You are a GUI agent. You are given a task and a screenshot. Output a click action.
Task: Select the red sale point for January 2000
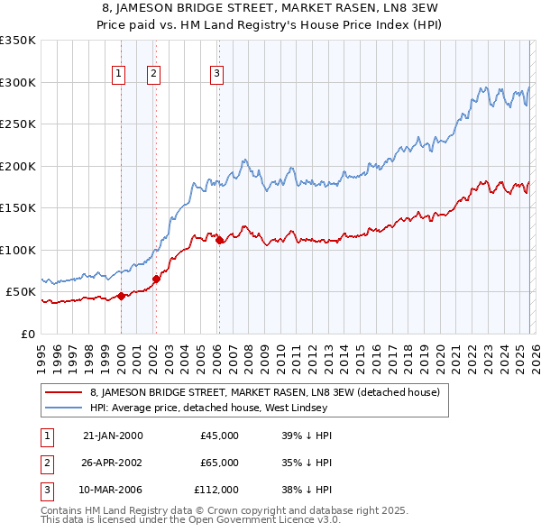121,296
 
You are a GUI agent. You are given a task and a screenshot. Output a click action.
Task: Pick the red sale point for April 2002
156,279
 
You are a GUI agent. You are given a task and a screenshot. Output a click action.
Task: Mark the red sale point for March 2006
219,240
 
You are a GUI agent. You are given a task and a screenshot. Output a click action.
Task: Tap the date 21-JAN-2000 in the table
113,436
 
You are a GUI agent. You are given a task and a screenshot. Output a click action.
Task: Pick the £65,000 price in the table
219,463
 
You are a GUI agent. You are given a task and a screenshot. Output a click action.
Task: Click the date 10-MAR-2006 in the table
113,490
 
